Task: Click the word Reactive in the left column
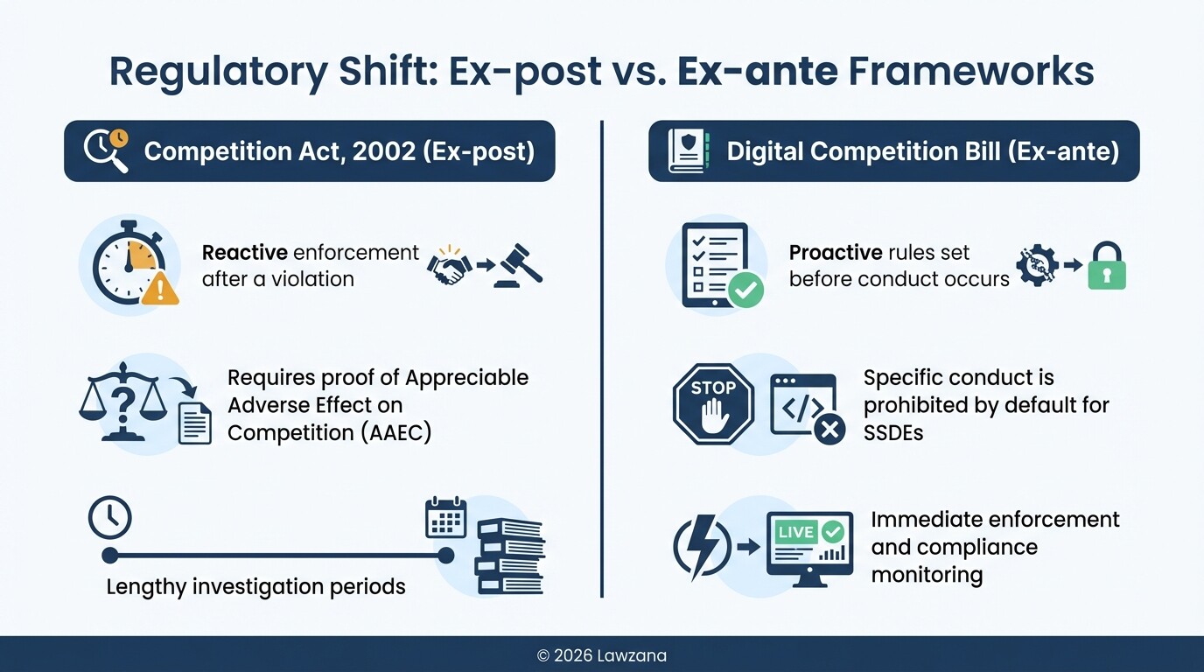pyautogui.click(x=244, y=254)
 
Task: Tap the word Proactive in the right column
pyautogui.click(x=836, y=254)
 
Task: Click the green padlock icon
pyautogui.click(x=1106, y=266)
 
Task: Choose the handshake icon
pyautogui.click(x=449, y=265)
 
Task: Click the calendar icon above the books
pyautogui.click(x=445, y=518)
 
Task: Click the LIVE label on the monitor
pyautogui.click(x=795, y=532)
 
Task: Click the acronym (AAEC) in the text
pyautogui.click(x=390, y=433)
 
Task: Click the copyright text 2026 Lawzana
pyautogui.click(x=602, y=655)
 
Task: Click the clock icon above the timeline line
pyautogui.click(x=110, y=519)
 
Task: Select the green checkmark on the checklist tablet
pyautogui.click(x=745, y=291)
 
